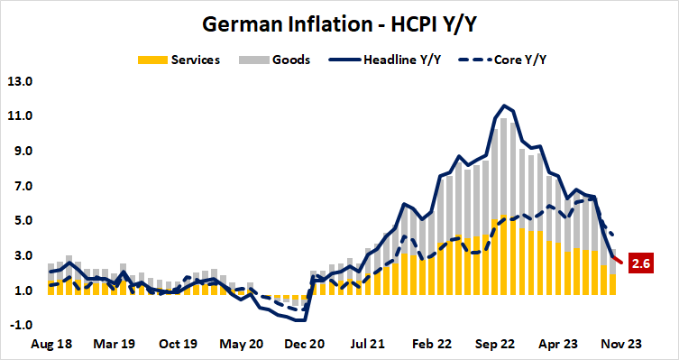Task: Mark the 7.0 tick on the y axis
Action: [21, 186]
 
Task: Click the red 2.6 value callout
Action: [641, 263]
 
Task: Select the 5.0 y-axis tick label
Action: [21, 221]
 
